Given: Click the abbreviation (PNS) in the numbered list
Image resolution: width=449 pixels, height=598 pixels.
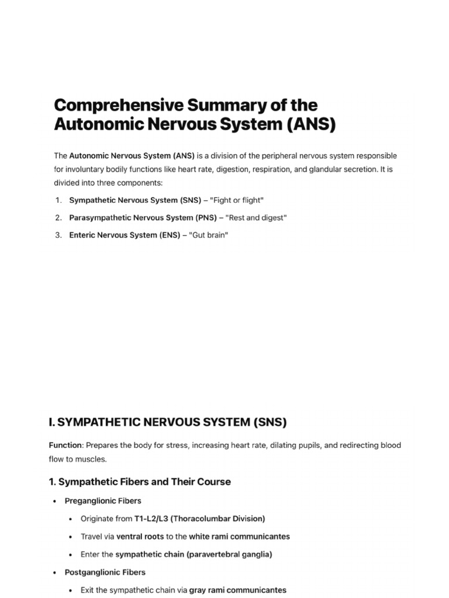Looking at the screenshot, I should pos(203,218).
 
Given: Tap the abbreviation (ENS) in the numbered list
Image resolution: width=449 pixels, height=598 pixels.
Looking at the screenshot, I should pos(173,235).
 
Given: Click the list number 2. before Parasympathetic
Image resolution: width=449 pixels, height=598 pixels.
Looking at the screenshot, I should pos(58,218).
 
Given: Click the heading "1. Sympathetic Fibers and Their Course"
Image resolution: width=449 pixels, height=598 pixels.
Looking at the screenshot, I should pos(140,482).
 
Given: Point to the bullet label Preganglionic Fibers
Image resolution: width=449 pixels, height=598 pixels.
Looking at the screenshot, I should pos(103,501).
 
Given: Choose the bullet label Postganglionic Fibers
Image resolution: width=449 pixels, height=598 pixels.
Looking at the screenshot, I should pos(105,572).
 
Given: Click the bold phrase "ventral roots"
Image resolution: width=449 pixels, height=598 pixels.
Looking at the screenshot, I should pos(140,536).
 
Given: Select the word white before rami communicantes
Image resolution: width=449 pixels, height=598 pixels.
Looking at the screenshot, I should pos(200,536).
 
